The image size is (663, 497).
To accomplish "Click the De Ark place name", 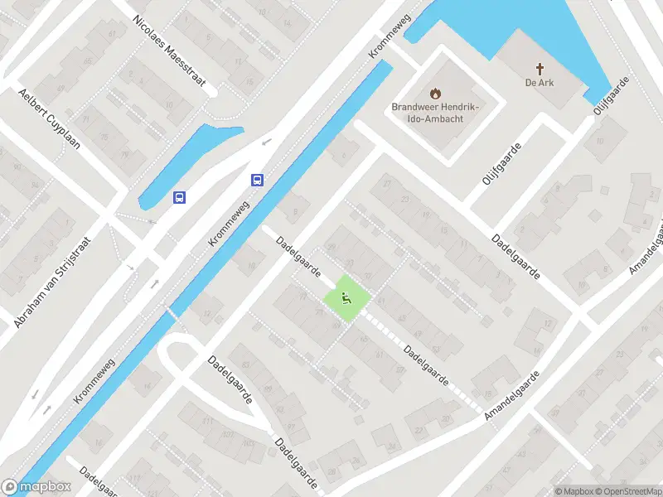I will pyautogui.click(x=539, y=82).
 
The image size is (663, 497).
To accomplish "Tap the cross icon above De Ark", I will pyautogui.click(x=539, y=68).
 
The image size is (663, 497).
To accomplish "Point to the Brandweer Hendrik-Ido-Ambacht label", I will pyautogui.click(x=436, y=113).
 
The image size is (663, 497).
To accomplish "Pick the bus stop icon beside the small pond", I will pyautogui.click(x=179, y=197).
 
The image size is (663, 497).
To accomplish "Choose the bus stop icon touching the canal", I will pyautogui.click(x=258, y=180).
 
